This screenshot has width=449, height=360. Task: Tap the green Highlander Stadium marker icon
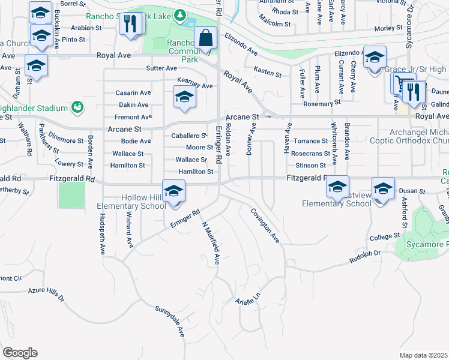pyautogui.click(x=76, y=107)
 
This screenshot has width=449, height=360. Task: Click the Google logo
pyautogui.click(x=20, y=353)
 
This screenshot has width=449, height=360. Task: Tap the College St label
pyautogui.click(x=381, y=238)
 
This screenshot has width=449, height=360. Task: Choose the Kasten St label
pyautogui.click(x=268, y=73)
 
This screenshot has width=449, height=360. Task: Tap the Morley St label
pyautogui.click(x=388, y=28)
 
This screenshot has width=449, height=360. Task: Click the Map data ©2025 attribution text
pyautogui.click(x=423, y=355)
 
